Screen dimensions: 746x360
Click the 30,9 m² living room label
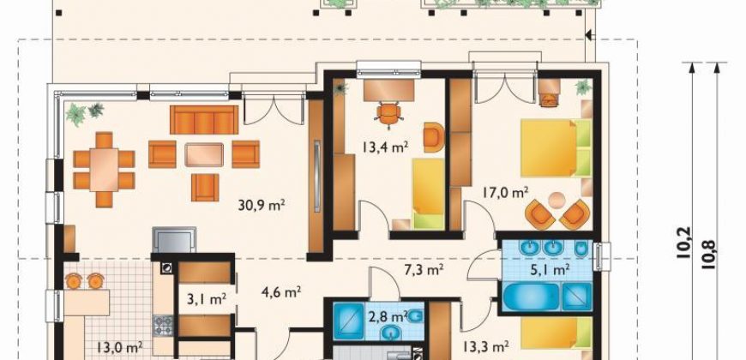[x=262, y=205]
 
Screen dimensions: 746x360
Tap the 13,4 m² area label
[x=385, y=147]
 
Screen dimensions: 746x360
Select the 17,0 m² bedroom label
[x=505, y=193]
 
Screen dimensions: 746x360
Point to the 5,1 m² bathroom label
[x=550, y=270]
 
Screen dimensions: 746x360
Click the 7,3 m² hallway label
[x=424, y=270]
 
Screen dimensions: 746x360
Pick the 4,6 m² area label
[x=281, y=291]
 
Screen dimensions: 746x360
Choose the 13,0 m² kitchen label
[x=120, y=347]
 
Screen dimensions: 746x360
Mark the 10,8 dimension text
[x=708, y=255]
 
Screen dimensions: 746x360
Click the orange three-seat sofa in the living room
[x=204, y=120]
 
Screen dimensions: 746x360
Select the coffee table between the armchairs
[x=204, y=154]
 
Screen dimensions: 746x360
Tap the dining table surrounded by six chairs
[x=104, y=170]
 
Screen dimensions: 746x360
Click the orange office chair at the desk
[x=388, y=114]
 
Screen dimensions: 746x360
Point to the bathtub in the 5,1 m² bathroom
[x=531, y=297]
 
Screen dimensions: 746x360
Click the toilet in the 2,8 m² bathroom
[x=415, y=315]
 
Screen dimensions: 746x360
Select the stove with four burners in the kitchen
[x=163, y=326]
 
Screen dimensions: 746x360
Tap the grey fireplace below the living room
[x=174, y=239]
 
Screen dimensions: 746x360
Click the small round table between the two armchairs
[x=556, y=200]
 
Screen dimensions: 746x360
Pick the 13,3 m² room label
[x=486, y=346]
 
